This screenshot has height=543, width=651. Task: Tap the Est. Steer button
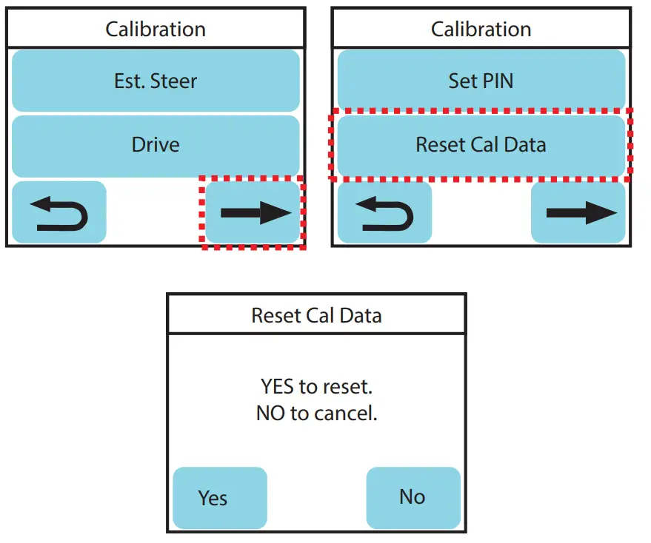click(x=156, y=81)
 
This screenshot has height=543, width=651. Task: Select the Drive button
click(x=156, y=146)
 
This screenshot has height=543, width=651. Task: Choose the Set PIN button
click(x=481, y=80)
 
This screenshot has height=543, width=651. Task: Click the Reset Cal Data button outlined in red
click(x=481, y=146)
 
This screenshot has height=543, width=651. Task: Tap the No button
click(x=413, y=497)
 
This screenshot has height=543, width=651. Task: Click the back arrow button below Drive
click(x=59, y=212)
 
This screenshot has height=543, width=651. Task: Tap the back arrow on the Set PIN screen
click(x=384, y=212)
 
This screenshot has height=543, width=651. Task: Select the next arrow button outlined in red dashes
click(x=253, y=212)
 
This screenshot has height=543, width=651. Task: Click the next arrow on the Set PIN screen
click(x=578, y=212)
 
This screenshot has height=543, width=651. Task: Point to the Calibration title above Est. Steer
click(x=156, y=30)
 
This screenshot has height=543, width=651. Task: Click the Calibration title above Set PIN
click(x=481, y=30)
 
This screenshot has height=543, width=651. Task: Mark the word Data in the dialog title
click(x=361, y=316)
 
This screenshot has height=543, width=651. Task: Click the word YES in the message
click(x=278, y=387)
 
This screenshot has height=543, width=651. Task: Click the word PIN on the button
click(x=498, y=81)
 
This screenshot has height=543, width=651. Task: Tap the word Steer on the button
click(x=173, y=81)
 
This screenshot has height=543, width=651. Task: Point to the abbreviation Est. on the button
click(x=130, y=81)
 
